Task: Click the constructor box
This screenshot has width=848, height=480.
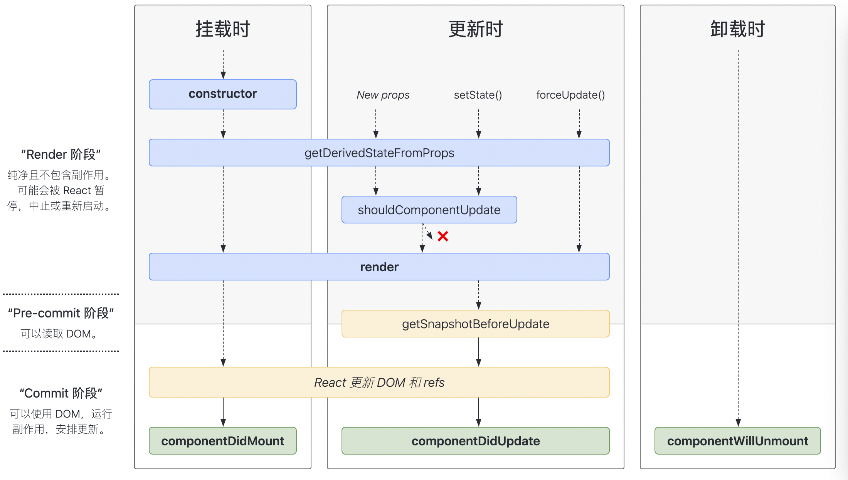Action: [222, 94]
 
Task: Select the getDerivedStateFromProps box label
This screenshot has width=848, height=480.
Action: [379, 153]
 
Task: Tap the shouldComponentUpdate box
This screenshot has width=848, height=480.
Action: [429, 210]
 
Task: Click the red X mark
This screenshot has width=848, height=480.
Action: [443, 236]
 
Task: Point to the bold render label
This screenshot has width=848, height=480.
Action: [379, 267]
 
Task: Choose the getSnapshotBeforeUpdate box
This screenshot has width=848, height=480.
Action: [475, 324]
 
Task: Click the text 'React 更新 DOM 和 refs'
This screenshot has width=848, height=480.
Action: [379, 383]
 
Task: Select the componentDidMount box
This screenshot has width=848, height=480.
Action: [222, 441]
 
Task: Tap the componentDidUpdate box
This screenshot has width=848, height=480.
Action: [475, 441]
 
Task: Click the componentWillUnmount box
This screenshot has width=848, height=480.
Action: [737, 441]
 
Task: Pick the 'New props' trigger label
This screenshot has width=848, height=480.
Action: [383, 95]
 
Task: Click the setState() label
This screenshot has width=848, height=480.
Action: [478, 95]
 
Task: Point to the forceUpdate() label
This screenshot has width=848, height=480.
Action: [570, 95]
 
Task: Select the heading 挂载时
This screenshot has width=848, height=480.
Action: [222, 29]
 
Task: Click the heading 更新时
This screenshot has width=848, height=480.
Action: [475, 29]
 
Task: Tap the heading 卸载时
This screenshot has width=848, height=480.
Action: [737, 29]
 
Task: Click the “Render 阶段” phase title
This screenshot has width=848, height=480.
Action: [61, 154]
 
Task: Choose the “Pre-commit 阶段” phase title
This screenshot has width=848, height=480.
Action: [61, 313]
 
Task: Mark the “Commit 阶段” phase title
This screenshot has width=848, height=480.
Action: [61, 393]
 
